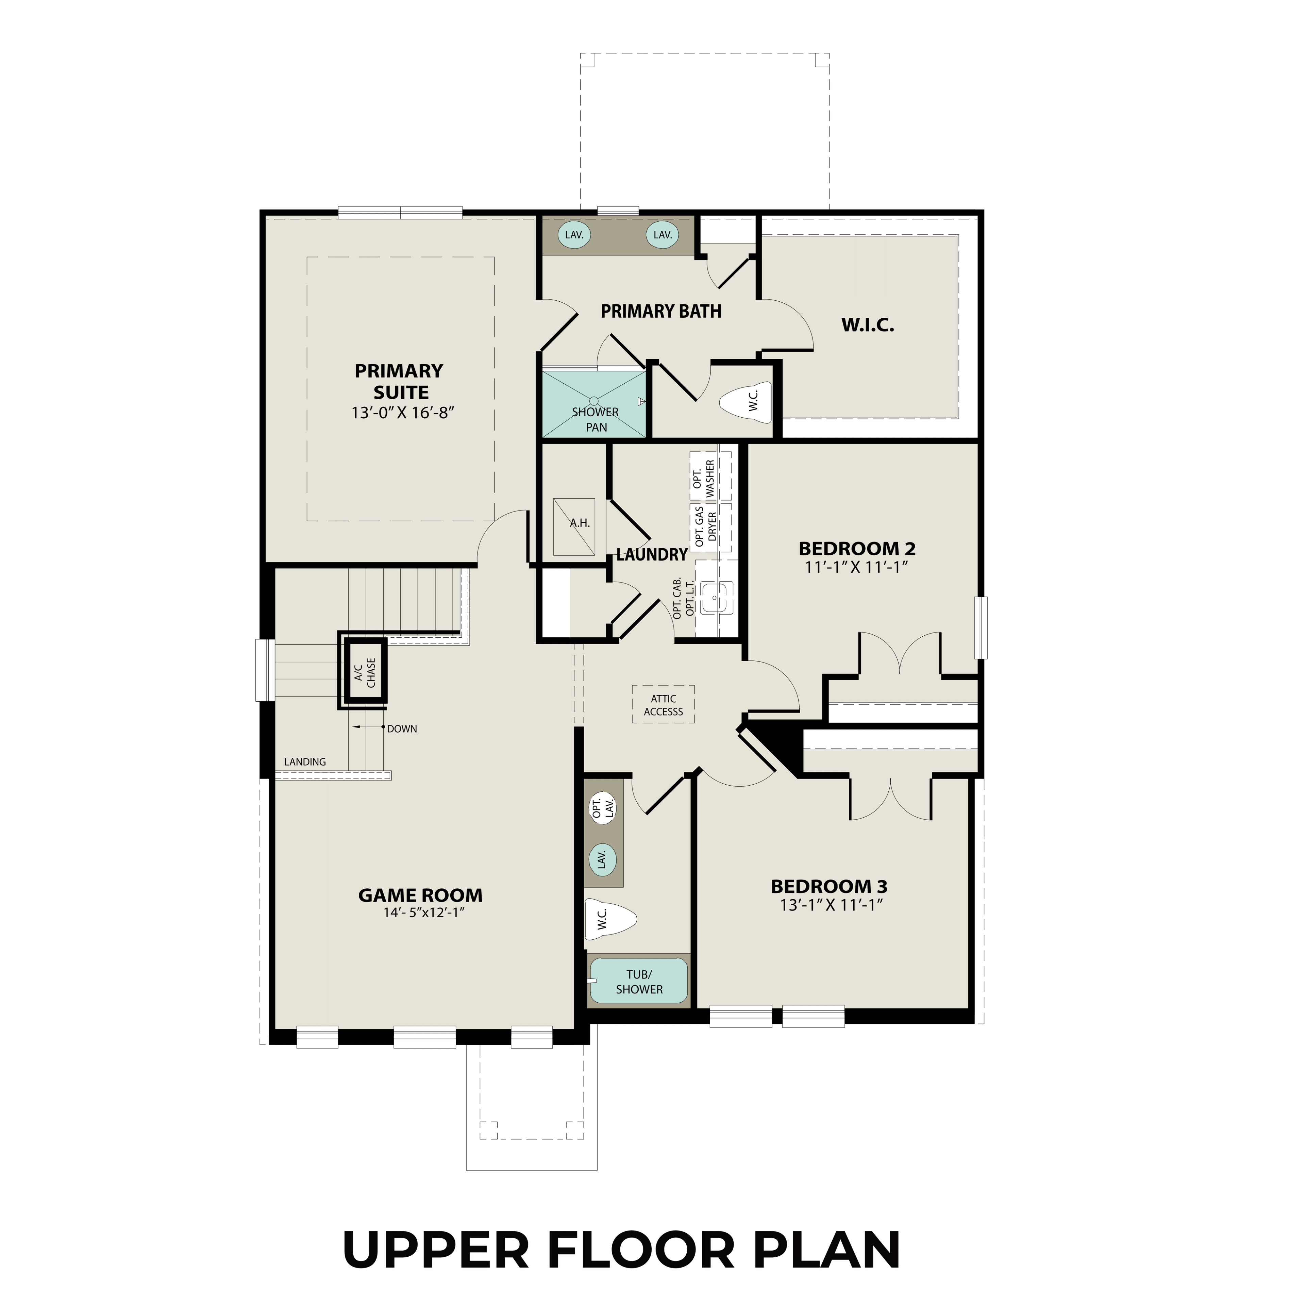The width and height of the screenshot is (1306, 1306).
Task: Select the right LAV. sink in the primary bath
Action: coord(663,235)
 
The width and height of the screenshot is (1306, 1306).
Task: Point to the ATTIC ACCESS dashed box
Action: coord(663,705)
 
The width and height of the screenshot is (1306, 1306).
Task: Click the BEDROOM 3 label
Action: coord(829,886)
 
